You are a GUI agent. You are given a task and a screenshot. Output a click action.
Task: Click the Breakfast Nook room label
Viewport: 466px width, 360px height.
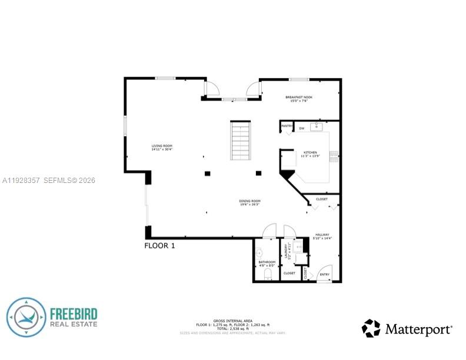[x=299, y=99]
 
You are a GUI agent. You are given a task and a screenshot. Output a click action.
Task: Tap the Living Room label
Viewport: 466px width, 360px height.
[x=162, y=147]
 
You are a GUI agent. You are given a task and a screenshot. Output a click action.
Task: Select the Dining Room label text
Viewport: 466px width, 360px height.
[x=249, y=202]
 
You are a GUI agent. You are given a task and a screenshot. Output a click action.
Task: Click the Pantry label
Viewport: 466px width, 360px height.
[x=287, y=126]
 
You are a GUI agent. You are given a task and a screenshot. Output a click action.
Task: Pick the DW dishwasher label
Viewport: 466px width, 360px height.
[x=301, y=128]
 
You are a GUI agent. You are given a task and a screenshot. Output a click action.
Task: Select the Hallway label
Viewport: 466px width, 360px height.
[x=323, y=236]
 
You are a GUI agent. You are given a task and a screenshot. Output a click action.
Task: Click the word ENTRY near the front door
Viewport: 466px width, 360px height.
[x=324, y=274]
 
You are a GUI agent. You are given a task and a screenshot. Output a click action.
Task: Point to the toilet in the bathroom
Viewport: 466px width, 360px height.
[x=268, y=274]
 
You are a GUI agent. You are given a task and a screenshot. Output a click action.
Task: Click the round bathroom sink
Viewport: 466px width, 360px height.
[x=259, y=253]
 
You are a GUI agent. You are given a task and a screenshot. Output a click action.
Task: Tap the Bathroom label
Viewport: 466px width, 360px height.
[x=267, y=264]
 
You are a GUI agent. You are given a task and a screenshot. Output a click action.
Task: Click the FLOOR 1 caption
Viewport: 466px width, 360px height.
[x=159, y=245]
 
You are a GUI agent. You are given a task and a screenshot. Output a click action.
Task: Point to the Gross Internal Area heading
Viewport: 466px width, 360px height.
[x=233, y=321]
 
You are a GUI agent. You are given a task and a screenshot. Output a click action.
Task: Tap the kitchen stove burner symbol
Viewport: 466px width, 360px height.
[x=334, y=156]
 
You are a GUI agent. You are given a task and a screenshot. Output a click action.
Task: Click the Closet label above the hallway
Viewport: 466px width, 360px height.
[x=322, y=199]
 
